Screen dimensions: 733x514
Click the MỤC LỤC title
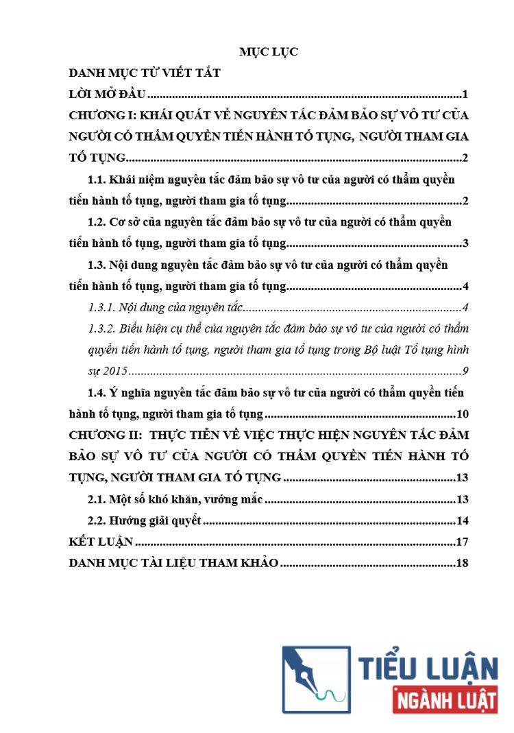[268, 51]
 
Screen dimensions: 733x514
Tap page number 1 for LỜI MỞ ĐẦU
[465, 94]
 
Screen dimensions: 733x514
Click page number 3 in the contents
[465, 243]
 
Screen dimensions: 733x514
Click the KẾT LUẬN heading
[100, 542]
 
